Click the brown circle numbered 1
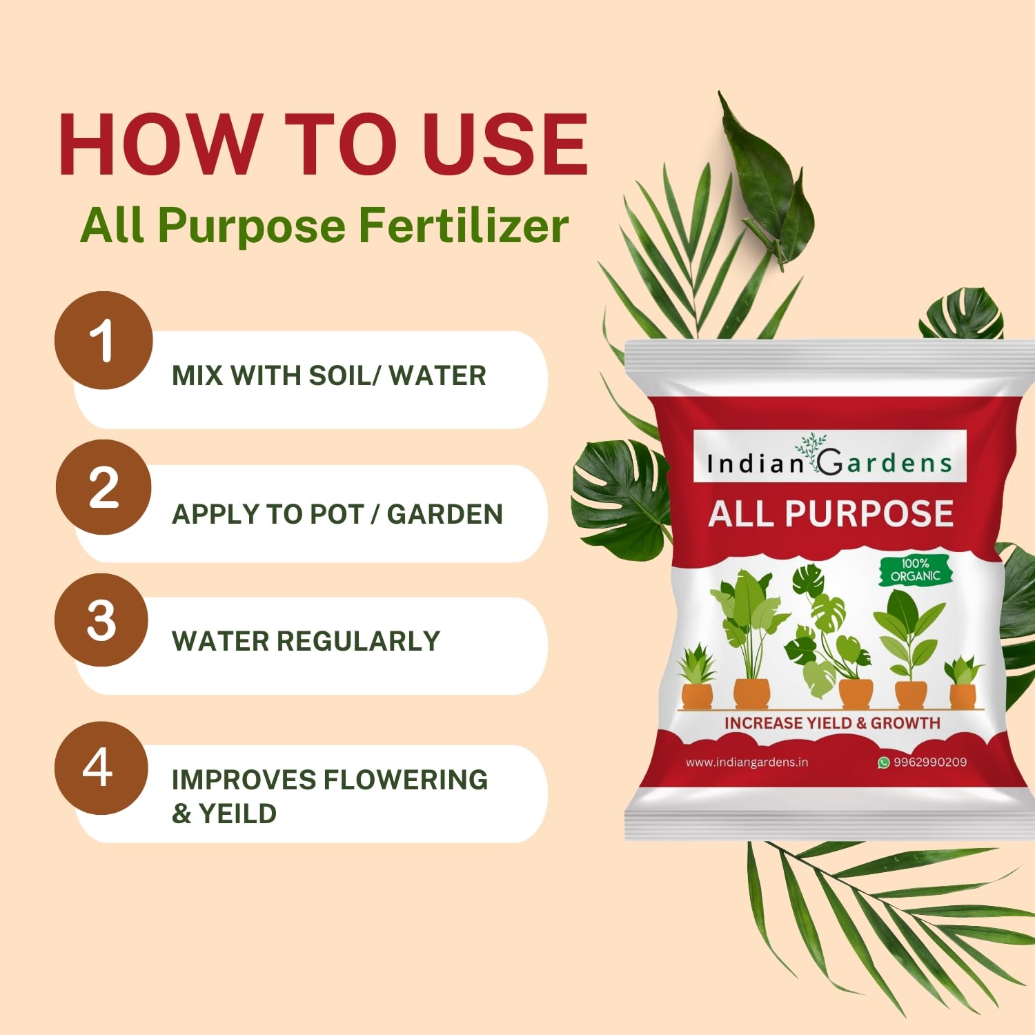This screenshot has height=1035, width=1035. [103, 340]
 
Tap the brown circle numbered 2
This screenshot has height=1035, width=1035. [103, 487]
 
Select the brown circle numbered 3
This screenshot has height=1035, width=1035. [101, 620]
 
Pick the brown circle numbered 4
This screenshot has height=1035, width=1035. [101, 768]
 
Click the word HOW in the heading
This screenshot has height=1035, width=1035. [160, 144]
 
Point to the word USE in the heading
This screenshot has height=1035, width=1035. [504, 144]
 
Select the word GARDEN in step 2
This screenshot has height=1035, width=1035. [444, 514]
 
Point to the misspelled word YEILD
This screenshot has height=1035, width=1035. [237, 814]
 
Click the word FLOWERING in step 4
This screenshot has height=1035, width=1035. [406, 780]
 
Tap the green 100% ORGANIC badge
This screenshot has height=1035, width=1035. [915, 571]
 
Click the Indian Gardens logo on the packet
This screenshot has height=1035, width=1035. [829, 457]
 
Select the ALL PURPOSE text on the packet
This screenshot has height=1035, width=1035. [831, 514]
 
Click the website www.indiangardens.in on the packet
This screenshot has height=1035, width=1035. [747, 762]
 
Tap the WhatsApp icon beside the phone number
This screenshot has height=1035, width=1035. [883, 762]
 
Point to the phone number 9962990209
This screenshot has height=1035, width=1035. [929, 762]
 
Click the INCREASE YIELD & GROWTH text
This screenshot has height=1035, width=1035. [832, 723]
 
